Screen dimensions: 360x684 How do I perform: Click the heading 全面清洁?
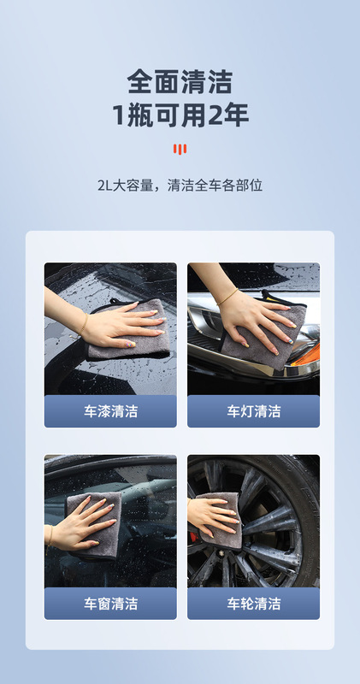pyautogui.click(x=180, y=81)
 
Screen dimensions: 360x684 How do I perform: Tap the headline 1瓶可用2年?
pyautogui.click(x=180, y=115)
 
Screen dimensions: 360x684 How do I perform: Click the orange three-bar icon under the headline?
pyautogui.click(x=180, y=149)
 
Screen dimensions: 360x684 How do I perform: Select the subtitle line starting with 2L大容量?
pyautogui.click(x=180, y=186)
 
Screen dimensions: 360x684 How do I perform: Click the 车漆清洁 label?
pyautogui.click(x=110, y=411)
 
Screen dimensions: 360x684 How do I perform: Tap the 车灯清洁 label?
pyautogui.click(x=253, y=411)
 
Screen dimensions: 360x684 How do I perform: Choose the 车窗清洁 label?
pyautogui.click(x=110, y=604)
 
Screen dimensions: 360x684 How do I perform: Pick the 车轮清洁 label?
pyautogui.click(x=253, y=604)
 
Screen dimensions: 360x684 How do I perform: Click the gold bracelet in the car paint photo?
pyautogui.click(x=84, y=325)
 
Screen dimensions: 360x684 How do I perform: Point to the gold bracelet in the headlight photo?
pyautogui.click(x=227, y=297)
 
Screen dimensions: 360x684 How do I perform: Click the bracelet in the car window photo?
pyautogui.click(x=50, y=536)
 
